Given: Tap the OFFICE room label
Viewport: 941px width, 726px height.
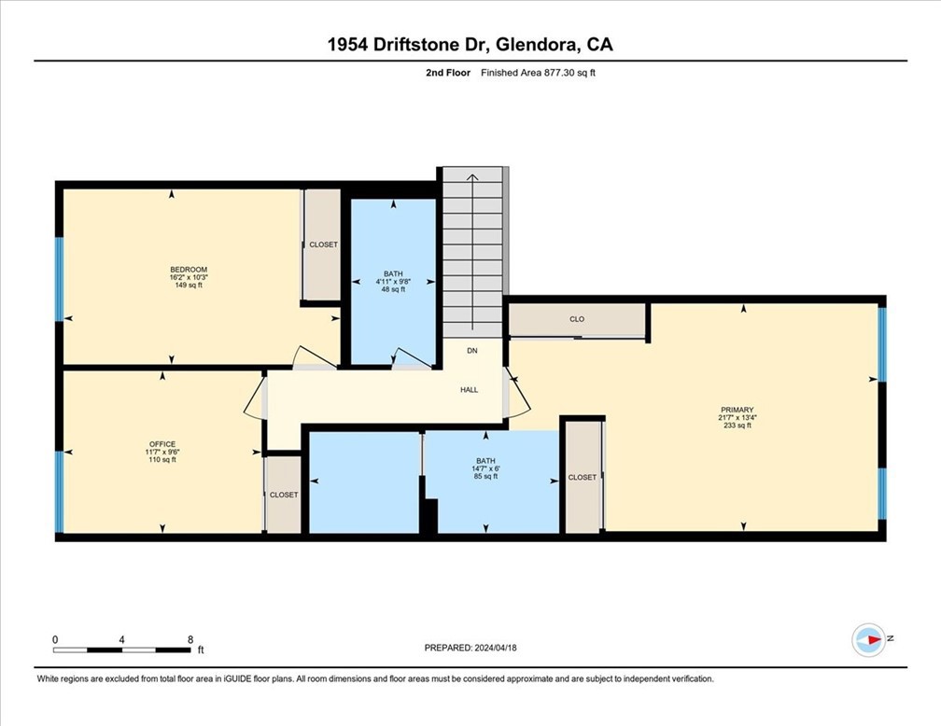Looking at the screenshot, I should (162, 444).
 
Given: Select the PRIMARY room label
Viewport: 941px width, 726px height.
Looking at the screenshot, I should (737, 409).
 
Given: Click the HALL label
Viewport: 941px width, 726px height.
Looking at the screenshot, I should (469, 389).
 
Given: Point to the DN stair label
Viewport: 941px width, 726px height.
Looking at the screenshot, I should (472, 352).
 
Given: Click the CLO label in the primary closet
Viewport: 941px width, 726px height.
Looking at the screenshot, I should (577, 319).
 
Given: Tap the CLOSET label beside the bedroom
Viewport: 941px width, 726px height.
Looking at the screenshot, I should (323, 244).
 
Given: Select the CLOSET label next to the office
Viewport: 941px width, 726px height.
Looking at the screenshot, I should (284, 495).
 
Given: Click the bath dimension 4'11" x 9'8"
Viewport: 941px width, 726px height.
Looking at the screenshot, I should (392, 282).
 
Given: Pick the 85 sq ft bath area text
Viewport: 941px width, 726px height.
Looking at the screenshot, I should (485, 476).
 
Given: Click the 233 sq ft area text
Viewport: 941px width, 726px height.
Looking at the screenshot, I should (737, 426).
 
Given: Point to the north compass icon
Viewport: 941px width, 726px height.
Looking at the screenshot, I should (868, 639).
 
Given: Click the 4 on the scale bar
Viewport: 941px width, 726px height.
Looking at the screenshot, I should (122, 639).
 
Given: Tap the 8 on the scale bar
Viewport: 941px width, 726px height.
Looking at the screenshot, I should (190, 639).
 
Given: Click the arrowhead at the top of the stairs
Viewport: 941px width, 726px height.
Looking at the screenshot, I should (472, 175).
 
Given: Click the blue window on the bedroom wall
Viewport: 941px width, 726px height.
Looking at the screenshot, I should (59, 279).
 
